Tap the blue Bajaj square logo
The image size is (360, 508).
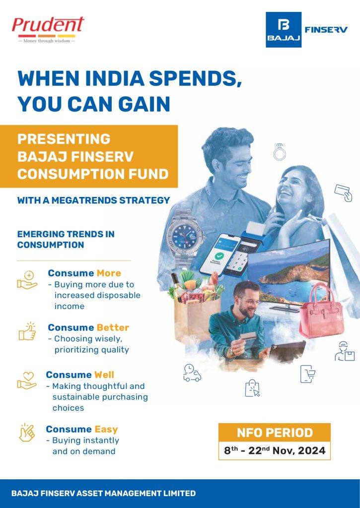(284, 30)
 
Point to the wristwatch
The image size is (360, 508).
(182, 233)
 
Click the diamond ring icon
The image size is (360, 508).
(280, 151)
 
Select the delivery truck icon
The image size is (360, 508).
(191, 373)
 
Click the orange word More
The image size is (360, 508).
(109, 273)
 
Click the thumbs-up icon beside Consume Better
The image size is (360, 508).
(27, 330)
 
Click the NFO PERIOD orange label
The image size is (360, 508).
(275, 432)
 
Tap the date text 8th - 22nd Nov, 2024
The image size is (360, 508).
(275, 451)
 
